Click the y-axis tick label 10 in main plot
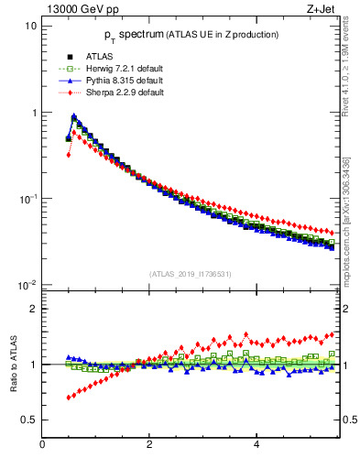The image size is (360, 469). click(30, 27)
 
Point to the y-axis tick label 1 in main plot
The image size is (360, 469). click(33, 113)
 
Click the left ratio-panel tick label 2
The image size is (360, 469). click(33, 309)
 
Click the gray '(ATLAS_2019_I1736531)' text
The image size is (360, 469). click(189, 274)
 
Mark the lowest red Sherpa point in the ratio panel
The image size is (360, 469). click(69, 398)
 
